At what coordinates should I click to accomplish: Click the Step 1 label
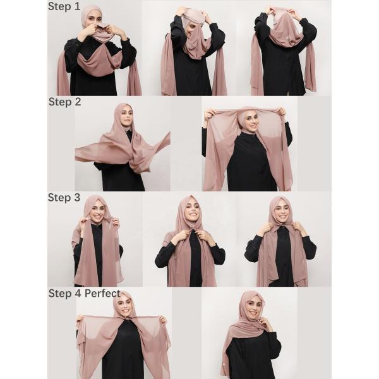pos(64,8)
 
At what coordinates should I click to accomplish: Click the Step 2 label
pos(64,101)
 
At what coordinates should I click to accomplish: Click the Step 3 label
pos(64,197)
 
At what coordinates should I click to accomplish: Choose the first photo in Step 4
pos(124,335)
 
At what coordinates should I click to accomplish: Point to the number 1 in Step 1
pos(77,8)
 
